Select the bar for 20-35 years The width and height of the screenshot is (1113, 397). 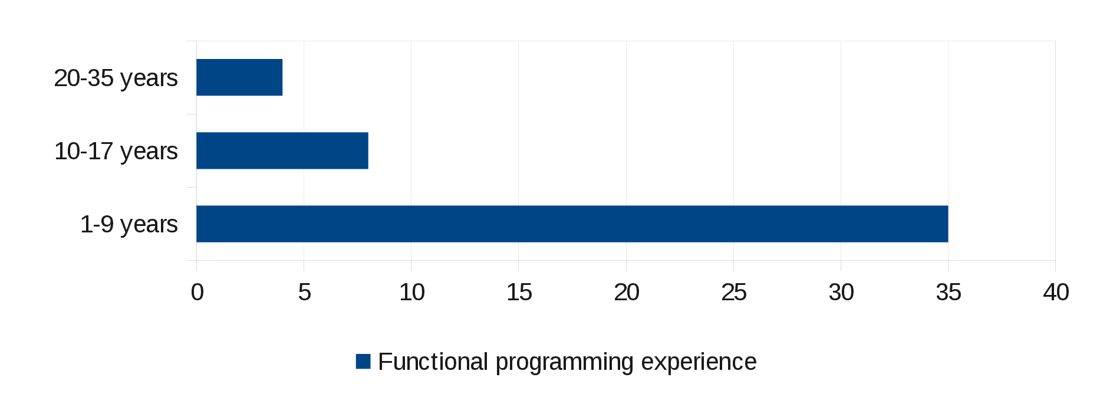[x=239, y=77]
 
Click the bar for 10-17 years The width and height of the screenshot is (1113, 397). [x=282, y=150]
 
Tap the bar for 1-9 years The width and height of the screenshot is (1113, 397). [x=572, y=224]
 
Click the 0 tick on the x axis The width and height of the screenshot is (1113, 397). [x=197, y=292]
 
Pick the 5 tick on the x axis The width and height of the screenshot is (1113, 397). [x=304, y=292]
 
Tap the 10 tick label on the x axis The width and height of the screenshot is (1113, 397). [x=411, y=292]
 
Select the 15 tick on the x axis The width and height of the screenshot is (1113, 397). [x=519, y=292]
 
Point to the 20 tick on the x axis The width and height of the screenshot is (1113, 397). [x=626, y=292]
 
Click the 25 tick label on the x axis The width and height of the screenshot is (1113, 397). [x=733, y=292]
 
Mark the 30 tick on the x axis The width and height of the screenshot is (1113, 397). [x=841, y=292]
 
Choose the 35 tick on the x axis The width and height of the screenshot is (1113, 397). [x=949, y=292]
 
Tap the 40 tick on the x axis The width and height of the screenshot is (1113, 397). [x=1056, y=292]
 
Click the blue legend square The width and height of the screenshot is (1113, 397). [x=363, y=362]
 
